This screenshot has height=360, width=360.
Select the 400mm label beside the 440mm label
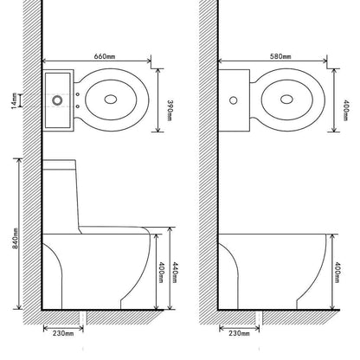[x=161, y=275]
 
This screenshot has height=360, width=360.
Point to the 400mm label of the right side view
[x=336, y=271]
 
